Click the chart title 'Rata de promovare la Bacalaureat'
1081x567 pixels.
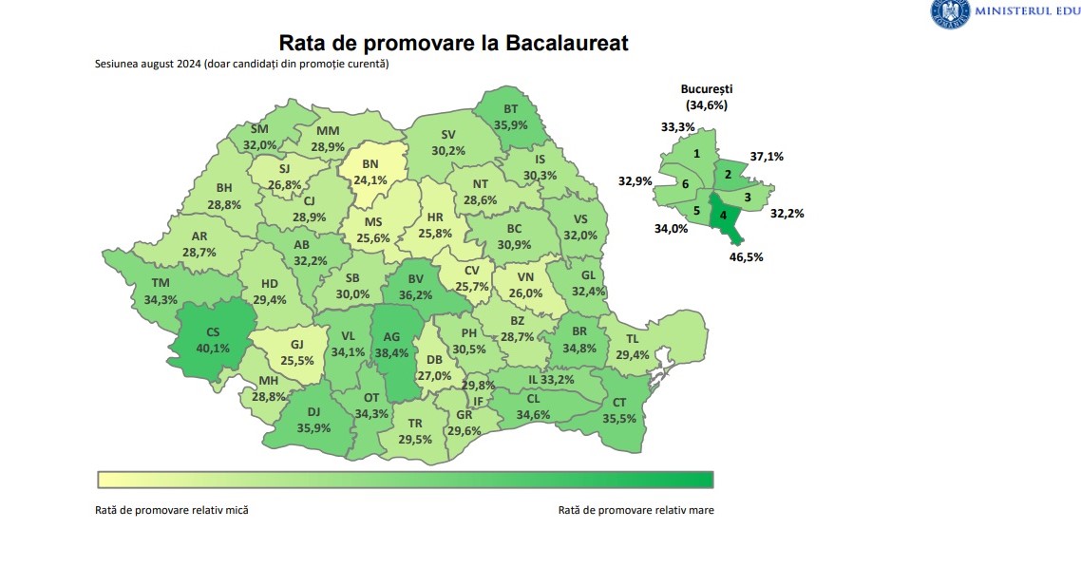(452, 44)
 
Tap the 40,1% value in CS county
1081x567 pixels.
(213, 348)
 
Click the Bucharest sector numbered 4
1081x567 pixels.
(725, 215)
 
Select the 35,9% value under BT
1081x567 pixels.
(510, 123)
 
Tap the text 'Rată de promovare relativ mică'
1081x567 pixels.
(172, 510)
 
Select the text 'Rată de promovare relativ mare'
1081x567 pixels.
(636, 510)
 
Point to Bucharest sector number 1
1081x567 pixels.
(696, 153)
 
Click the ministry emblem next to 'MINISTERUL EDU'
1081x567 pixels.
(947, 13)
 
